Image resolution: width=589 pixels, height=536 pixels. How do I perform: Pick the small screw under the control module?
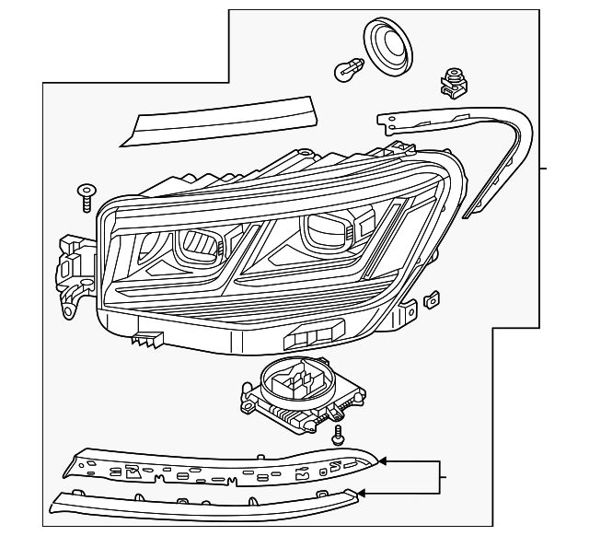pyautogui.click(x=339, y=433)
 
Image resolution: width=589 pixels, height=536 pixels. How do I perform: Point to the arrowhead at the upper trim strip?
pyautogui.click(x=382, y=459)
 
